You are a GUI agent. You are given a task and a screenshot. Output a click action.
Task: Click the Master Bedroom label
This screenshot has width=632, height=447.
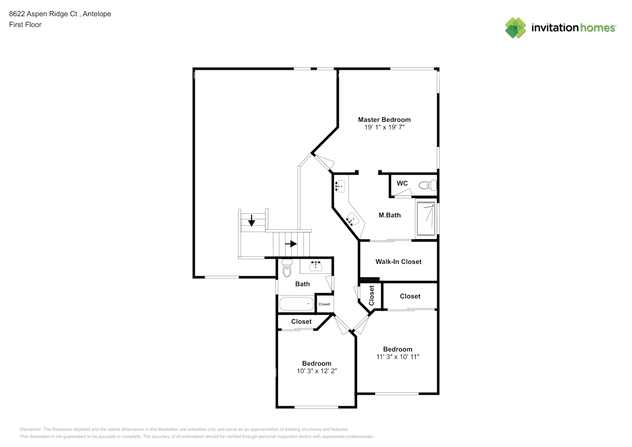[384, 119]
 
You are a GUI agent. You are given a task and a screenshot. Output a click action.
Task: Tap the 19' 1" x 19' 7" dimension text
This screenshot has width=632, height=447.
[384, 127]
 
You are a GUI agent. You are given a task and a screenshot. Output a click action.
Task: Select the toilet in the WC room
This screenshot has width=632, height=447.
[428, 185]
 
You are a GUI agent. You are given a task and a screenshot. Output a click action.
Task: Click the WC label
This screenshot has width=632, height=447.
[402, 183]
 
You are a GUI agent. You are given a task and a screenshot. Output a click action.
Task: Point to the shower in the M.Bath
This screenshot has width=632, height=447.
[426, 219]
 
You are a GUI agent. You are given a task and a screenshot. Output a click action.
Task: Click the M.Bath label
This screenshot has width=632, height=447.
[389, 215]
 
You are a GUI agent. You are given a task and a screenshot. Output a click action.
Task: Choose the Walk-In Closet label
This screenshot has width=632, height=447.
[398, 261]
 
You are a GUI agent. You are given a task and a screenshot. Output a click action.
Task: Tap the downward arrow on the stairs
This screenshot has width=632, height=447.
[252, 220]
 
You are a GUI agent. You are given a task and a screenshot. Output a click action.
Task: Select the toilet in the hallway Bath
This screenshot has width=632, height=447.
[287, 269]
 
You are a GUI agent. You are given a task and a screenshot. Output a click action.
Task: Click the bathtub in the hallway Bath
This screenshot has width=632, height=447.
[296, 304]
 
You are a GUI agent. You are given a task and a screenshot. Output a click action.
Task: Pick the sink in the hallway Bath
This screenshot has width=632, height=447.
[316, 266]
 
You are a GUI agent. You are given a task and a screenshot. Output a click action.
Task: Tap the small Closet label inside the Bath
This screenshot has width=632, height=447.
[324, 304]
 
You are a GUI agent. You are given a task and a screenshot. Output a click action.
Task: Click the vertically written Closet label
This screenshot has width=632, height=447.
[371, 295]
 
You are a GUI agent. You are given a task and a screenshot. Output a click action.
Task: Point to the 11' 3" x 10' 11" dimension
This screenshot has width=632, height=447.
[397, 357]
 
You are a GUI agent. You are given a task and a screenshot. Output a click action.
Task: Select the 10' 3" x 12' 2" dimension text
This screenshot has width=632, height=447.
[316, 371]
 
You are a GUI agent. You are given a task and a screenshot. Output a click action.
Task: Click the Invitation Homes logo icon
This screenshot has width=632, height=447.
[515, 28]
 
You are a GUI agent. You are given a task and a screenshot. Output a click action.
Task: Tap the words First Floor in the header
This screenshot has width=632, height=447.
[25, 25]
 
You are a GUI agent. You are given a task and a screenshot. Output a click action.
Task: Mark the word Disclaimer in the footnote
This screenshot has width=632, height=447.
[30, 429]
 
